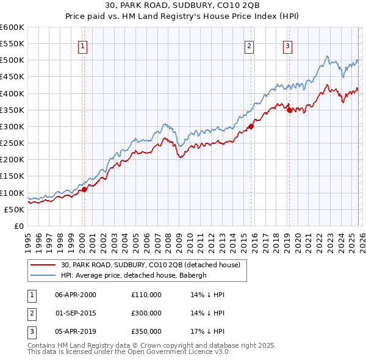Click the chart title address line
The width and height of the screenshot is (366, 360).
click(x=182, y=5)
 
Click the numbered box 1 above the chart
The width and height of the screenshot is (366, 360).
click(x=82, y=45)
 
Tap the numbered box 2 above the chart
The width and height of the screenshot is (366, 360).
click(x=249, y=45)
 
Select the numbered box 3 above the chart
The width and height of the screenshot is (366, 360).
click(x=287, y=45)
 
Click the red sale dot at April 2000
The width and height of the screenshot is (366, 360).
click(x=84, y=189)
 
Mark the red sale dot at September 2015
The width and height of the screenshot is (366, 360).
click(x=250, y=126)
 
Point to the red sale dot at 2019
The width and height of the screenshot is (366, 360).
click(x=289, y=110)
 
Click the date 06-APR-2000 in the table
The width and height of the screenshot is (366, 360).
click(x=76, y=295)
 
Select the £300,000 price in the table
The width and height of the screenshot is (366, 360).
click(x=146, y=313)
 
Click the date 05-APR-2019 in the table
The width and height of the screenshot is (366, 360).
click(x=76, y=331)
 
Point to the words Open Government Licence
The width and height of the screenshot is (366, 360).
click(x=179, y=352)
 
